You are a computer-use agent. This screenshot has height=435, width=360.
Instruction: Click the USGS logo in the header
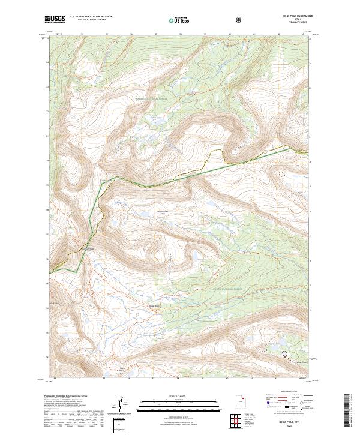(55, 19)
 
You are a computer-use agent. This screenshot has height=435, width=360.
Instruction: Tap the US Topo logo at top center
(175, 20)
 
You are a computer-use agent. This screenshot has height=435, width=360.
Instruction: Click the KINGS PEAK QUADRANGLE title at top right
(290, 16)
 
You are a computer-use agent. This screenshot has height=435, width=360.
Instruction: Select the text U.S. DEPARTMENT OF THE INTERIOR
(90, 16)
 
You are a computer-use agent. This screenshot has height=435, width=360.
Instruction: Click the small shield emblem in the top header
(206, 20)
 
